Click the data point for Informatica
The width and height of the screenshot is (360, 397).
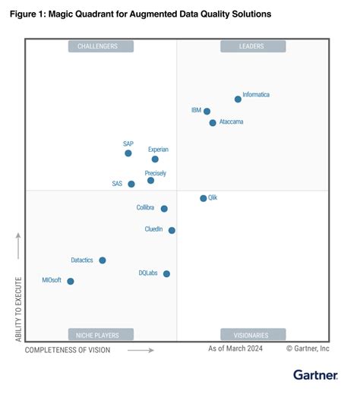pos(238,99)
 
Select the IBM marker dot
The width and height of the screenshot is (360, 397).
pos(207,112)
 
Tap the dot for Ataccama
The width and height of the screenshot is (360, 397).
pos(213,123)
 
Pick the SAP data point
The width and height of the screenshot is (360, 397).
pos(128,153)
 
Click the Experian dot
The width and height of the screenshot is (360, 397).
pos(155,159)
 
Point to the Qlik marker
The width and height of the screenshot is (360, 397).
pos(203,198)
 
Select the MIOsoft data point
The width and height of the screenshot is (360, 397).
pos(71,281)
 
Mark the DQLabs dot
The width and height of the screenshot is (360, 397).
pos(166,273)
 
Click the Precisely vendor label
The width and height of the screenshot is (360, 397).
pos(156,173)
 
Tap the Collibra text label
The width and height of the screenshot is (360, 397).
pos(147,207)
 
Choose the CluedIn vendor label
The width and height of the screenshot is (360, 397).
pos(154,229)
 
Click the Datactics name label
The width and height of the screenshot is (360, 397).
pos(82,260)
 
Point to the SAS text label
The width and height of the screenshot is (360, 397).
pos(117,184)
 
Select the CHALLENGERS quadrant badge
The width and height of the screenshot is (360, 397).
pos(101,46)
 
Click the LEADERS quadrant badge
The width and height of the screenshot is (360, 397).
pos(253,46)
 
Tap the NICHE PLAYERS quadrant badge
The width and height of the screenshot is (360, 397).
pos(101,334)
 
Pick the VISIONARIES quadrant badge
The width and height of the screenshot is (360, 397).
pos(253,334)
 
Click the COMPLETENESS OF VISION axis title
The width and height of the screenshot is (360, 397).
pos(68,350)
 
